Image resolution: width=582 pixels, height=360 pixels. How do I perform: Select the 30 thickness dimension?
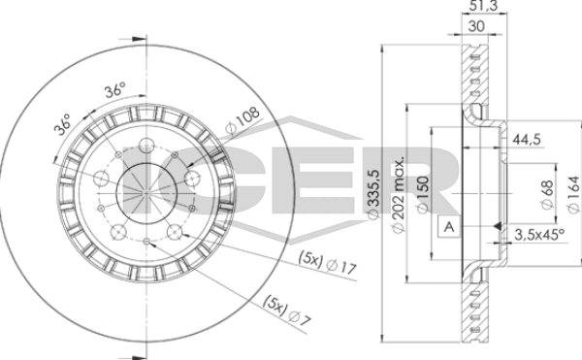pos(476,26)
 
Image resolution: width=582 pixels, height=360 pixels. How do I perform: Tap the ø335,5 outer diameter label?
pos(373,193)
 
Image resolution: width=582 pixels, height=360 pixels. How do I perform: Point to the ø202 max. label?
pos(398,195)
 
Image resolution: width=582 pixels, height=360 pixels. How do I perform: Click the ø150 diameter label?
pos(423,194)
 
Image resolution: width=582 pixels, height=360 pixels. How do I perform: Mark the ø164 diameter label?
pos(573,194)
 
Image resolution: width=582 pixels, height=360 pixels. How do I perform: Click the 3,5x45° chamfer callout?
pos(539,235)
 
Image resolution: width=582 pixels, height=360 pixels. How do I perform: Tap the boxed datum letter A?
pos(449,226)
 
